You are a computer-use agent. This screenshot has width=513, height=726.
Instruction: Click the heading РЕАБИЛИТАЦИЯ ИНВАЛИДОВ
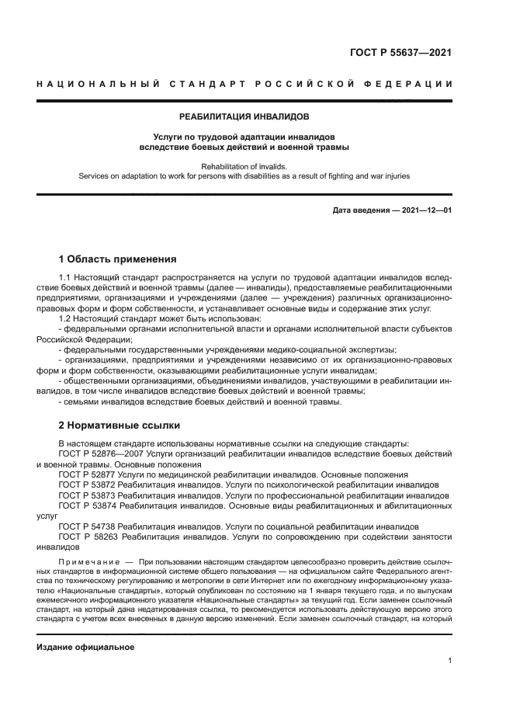244,117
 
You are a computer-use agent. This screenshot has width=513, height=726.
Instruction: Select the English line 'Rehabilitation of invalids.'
244,165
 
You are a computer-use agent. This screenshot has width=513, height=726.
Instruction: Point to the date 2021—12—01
426,210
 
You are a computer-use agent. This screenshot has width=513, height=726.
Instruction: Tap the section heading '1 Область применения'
118,259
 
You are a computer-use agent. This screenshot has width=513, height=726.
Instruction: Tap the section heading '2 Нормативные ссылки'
120,425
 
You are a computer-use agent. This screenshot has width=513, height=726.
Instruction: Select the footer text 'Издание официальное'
85,647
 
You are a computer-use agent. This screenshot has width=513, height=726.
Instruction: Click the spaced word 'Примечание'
88,561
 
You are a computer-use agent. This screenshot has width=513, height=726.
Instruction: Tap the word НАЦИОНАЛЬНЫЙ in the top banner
95,84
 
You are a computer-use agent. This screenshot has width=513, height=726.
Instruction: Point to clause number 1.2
67,318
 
